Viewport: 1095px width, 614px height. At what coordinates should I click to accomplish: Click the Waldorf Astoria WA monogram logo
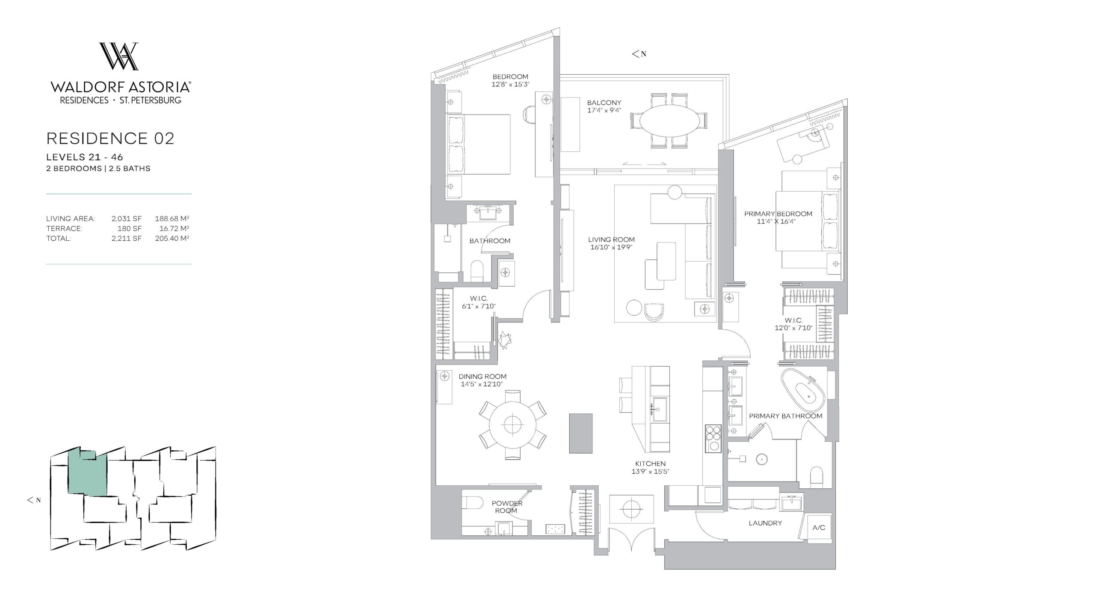coord(118,56)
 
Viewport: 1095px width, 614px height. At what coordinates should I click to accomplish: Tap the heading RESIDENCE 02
coord(110,139)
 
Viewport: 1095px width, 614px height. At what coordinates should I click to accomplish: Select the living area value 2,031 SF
coord(127,218)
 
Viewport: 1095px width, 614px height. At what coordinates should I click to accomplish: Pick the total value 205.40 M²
coord(172,238)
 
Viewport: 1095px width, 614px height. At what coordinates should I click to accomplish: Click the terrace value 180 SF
coord(130,228)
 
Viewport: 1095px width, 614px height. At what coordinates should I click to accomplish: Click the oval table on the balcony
coord(669,121)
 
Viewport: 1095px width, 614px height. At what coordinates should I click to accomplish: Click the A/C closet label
coord(819,528)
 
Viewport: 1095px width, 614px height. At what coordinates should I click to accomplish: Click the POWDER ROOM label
coord(507,507)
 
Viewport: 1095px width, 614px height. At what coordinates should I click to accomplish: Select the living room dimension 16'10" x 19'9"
coord(611,247)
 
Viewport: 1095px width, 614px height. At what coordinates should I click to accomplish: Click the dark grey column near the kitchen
coord(581,433)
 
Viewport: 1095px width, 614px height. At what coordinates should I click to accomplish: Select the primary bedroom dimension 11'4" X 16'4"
coord(775,221)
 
